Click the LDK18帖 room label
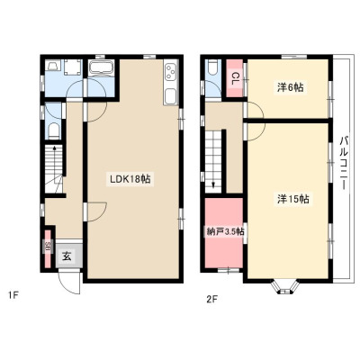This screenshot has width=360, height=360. click(130, 179)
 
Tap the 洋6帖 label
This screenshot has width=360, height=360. click(290, 87)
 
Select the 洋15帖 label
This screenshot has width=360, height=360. click(293, 199)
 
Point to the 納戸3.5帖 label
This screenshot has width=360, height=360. click(225, 232)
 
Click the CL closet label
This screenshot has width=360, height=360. click(234, 78)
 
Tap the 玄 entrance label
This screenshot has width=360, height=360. click(67, 256)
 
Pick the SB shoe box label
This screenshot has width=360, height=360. click(48, 247)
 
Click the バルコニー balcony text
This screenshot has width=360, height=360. click(344, 163)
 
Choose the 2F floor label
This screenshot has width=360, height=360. click(211, 299)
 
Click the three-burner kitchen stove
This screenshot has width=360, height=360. click(171, 72)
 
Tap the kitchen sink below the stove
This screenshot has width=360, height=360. click(171, 97)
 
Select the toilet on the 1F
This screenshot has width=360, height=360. click(54, 131)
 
